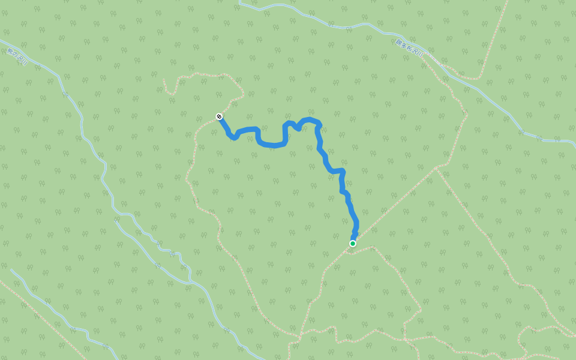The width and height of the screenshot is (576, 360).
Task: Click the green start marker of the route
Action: click(353, 244)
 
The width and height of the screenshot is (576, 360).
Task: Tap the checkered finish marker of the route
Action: click(220, 116)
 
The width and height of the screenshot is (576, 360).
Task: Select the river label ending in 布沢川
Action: click(410, 47)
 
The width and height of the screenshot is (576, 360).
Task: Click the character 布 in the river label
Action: click(411, 48)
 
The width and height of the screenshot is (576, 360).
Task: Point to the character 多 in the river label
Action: click(405, 44)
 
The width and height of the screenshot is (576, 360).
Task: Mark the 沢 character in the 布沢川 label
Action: click(416, 51)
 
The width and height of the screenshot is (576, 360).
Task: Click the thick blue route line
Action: click(271, 145)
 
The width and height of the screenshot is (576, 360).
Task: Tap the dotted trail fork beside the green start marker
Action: click(348, 251)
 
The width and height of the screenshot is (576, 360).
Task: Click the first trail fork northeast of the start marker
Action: click(436, 169)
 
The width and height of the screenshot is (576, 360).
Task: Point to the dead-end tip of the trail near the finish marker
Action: click(164, 80)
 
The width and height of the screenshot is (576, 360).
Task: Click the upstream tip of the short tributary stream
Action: click(11, 269)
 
